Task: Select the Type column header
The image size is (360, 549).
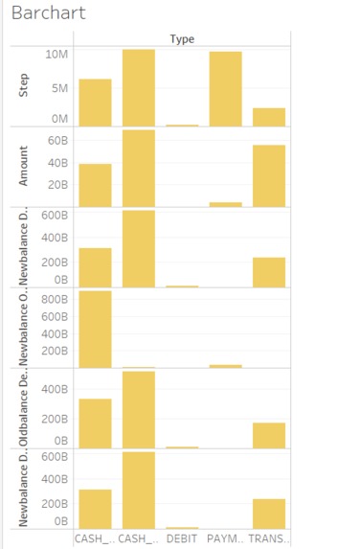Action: click(182, 38)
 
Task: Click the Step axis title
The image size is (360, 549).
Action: click(23, 86)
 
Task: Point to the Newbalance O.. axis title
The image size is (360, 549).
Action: click(23, 328)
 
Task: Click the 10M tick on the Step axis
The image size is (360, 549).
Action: click(56, 55)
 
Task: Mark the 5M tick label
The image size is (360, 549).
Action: click(59, 88)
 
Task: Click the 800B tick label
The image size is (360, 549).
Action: click(54, 299)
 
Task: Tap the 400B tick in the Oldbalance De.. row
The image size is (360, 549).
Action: click(54, 389)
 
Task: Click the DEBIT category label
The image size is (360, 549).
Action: click(181, 539)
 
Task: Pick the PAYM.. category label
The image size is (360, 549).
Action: click(225, 539)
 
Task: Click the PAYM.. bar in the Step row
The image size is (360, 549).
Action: click(225, 89)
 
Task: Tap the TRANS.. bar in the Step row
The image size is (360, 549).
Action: click(269, 117)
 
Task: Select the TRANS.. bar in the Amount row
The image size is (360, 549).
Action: click(269, 175)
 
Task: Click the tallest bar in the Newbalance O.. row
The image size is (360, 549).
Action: click(95, 329)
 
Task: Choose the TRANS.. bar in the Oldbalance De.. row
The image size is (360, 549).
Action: click(269, 436)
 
